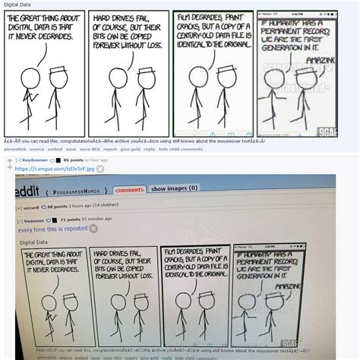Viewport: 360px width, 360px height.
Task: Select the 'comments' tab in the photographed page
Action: click(129, 189)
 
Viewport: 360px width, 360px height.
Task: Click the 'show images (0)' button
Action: click(174, 188)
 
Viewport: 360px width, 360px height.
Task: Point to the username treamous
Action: click(31, 219)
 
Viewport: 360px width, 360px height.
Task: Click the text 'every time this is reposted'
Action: click(51, 228)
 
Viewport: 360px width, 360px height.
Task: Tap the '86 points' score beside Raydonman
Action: click(74, 160)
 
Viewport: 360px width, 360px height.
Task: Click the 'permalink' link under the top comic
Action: click(14, 149)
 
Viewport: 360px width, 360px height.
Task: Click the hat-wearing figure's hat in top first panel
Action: click(56, 70)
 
